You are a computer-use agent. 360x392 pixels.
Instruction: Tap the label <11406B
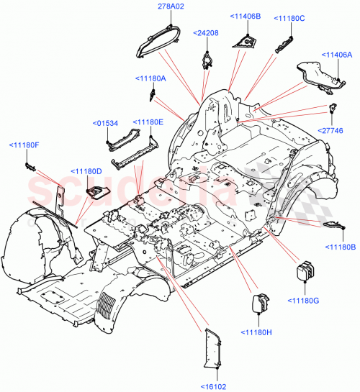(x=246, y=15)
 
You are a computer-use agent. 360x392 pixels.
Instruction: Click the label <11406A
(x=337, y=55)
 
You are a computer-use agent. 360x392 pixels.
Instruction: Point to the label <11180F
(x=24, y=145)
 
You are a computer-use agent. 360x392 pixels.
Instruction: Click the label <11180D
(x=86, y=170)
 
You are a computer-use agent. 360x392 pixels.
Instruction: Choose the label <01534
(x=106, y=123)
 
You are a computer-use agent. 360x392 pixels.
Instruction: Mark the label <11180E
(x=148, y=122)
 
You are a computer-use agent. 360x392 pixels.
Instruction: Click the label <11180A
(x=150, y=78)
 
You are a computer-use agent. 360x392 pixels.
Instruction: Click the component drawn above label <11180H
(x=257, y=301)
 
